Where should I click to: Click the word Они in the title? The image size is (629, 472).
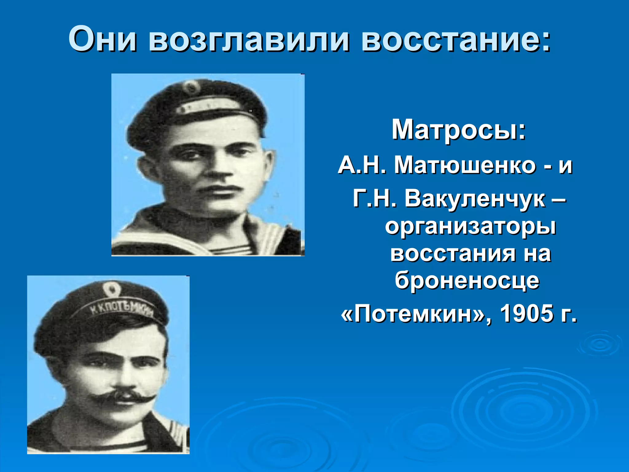tap(103, 39)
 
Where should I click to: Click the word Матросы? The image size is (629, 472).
tap(459, 130)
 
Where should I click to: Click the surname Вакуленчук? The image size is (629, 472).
tap(475, 199)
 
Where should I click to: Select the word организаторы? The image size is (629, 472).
tap(471, 227)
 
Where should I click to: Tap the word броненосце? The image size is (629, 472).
tap(467, 281)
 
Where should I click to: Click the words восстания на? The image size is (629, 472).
tap(471, 254)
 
